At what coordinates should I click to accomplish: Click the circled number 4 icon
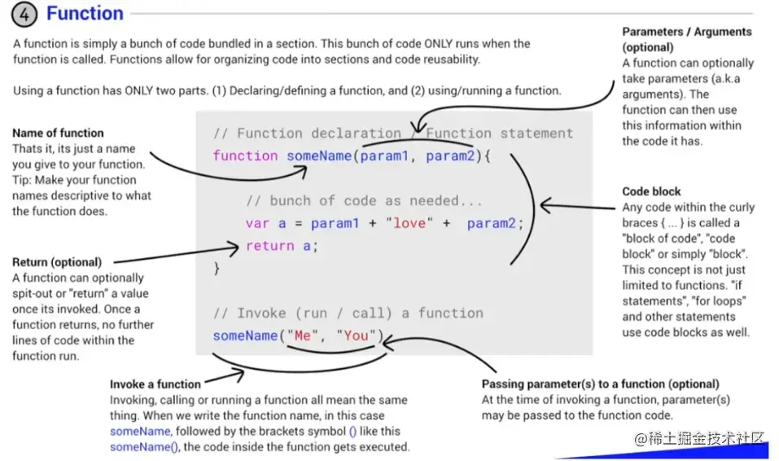point(24,14)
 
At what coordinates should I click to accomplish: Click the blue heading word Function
point(85,14)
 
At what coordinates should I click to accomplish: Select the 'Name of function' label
point(58,133)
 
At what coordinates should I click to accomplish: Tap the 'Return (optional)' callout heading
point(57,262)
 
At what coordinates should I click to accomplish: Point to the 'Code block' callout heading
point(651,191)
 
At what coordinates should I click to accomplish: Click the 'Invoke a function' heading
point(155,384)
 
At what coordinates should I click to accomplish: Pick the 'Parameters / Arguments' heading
point(687,32)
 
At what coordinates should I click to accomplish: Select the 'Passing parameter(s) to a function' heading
point(600,384)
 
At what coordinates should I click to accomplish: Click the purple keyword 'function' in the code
point(245,156)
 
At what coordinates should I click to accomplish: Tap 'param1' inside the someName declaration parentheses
point(384,156)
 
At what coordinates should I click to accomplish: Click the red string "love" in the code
point(409,223)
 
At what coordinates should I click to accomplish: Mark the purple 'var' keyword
point(257,223)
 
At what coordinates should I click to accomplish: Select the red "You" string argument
point(356,336)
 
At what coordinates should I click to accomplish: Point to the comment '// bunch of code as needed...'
point(364,200)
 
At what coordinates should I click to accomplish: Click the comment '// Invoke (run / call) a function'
point(348,314)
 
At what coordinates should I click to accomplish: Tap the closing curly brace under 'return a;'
point(217,268)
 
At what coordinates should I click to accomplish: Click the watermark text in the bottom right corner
point(700,439)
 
